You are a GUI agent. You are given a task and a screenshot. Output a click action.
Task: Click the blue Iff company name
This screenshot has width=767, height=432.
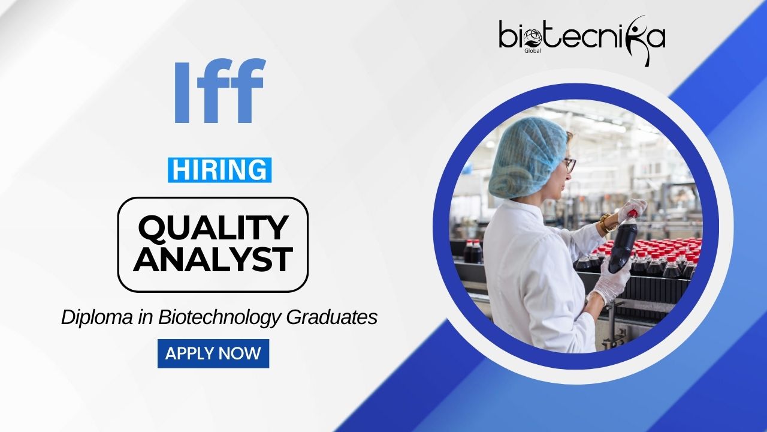(x=220, y=91)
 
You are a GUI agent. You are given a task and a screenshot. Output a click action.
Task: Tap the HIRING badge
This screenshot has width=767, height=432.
(x=219, y=170)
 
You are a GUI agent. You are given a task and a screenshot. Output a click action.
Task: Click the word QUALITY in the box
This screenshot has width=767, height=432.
(x=213, y=227)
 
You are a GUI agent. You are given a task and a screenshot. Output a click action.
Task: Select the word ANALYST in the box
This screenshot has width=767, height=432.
(x=213, y=259)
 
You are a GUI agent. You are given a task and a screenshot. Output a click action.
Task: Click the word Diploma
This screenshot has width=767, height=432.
(x=97, y=317)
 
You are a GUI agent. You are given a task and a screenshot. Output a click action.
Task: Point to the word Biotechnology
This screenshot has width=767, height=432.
(x=219, y=317)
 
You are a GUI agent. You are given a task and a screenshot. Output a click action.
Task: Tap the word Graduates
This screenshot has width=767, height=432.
(x=332, y=317)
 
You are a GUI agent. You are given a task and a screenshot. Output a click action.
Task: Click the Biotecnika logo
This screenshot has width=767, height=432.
(x=582, y=40)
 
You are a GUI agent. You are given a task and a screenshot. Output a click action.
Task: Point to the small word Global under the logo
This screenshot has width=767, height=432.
(x=533, y=51)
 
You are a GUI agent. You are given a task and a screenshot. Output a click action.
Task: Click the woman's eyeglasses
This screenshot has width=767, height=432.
(x=569, y=165)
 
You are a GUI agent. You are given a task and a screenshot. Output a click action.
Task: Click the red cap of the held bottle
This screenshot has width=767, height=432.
(x=632, y=214)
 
